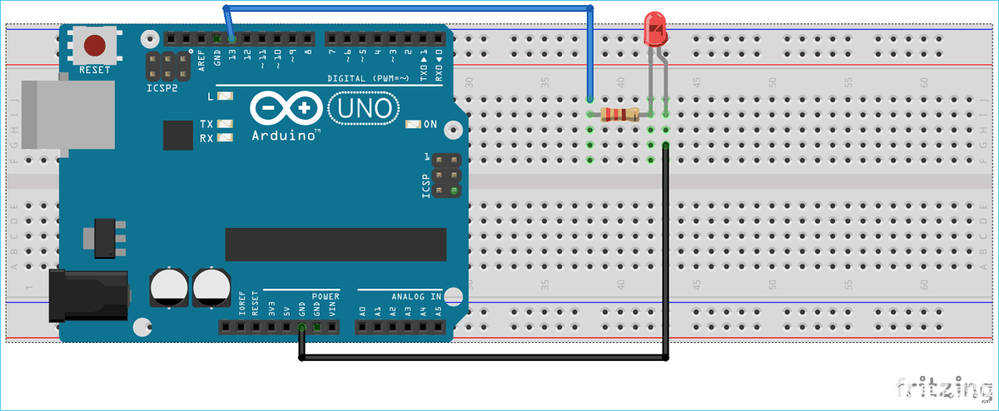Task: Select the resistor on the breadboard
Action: point(619,115)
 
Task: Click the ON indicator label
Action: point(430,125)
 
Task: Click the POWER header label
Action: point(326,296)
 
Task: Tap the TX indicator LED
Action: point(225,124)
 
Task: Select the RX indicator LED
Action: point(225,137)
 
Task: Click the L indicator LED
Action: point(225,97)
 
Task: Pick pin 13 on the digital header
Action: point(231,38)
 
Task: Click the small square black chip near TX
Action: point(178,135)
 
